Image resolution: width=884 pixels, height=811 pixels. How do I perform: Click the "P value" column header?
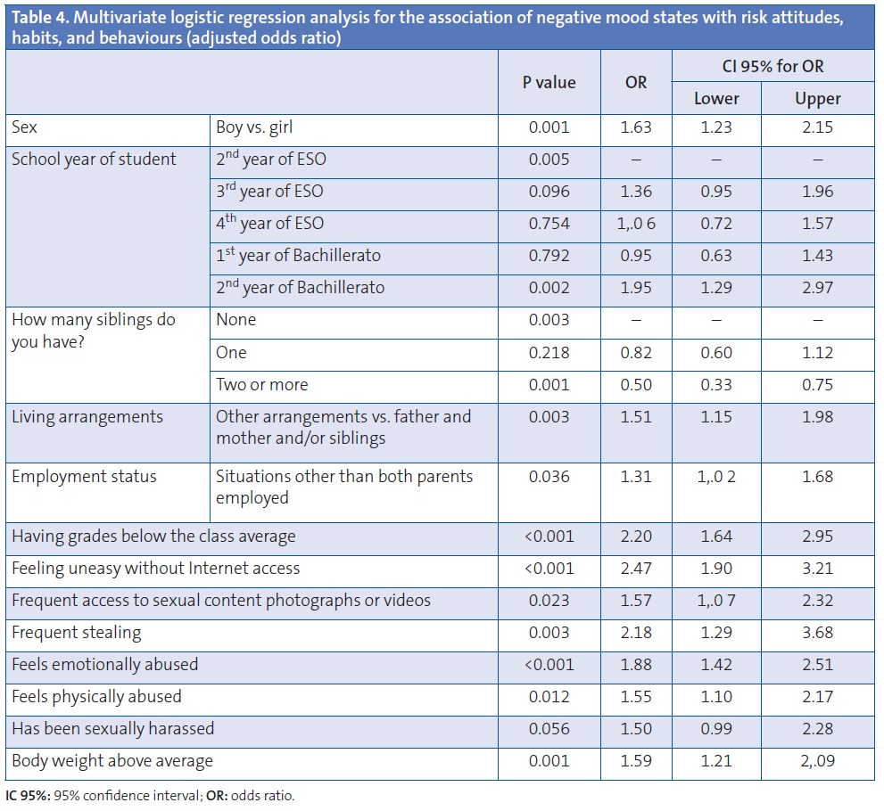pyautogui.click(x=549, y=83)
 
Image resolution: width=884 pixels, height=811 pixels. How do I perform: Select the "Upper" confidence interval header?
pyautogui.click(x=817, y=99)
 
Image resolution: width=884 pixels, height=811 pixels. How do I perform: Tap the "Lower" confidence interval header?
pyautogui.click(x=716, y=99)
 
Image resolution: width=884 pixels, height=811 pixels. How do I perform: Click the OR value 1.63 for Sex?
pyautogui.click(x=636, y=127)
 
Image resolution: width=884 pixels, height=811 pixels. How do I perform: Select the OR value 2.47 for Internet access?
pyautogui.click(x=636, y=569)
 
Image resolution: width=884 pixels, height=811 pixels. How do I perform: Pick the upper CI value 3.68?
pyautogui.click(x=817, y=633)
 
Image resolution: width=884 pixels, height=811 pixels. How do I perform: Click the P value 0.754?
pyautogui.click(x=549, y=224)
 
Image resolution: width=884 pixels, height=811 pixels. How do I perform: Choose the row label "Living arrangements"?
pyautogui.click(x=87, y=417)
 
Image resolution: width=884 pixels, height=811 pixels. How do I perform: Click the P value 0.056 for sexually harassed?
pyautogui.click(x=549, y=729)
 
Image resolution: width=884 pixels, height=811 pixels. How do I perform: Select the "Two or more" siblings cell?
pyautogui.click(x=261, y=385)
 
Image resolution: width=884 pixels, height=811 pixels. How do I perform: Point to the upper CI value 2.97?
pyautogui.click(x=817, y=288)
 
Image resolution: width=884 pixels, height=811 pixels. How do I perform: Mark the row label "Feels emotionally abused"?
pyautogui.click(x=105, y=665)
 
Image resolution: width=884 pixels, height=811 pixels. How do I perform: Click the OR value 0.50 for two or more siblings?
pyautogui.click(x=636, y=385)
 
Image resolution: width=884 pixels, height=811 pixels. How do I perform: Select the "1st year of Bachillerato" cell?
pyautogui.click(x=298, y=256)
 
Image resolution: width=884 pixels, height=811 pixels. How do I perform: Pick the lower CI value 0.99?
pyautogui.click(x=716, y=729)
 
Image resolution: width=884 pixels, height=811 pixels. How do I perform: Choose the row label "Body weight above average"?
pyautogui.click(x=112, y=761)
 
